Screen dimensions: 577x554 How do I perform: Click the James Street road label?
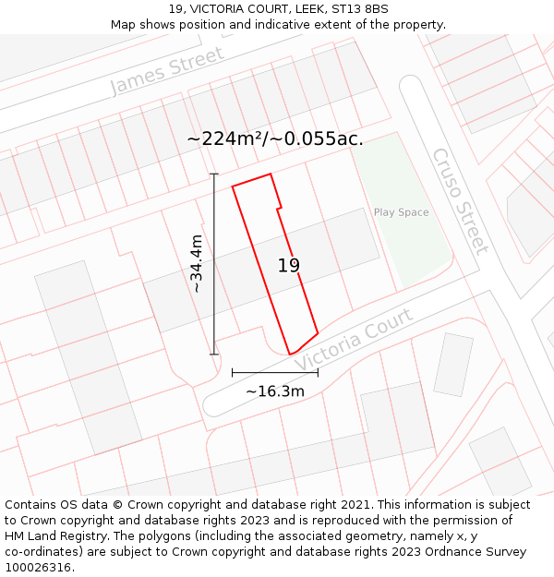click(x=167, y=71)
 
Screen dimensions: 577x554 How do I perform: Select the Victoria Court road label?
click(x=354, y=341)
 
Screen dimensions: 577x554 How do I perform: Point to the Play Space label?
click(x=401, y=212)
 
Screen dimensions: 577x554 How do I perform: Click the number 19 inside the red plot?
click(x=289, y=266)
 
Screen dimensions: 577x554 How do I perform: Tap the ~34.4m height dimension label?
click(x=197, y=264)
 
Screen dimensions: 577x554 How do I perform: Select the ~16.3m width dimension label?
click(x=275, y=391)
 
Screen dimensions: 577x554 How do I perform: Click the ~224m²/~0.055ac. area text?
click(x=275, y=138)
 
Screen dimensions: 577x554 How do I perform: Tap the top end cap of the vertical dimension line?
click(x=214, y=174)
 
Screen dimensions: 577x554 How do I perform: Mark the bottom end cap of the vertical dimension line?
click(x=214, y=355)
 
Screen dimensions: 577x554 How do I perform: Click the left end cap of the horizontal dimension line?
click(x=233, y=373)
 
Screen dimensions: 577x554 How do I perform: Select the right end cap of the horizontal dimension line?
click(x=318, y=373)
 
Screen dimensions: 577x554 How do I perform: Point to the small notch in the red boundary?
click(x=279, y=207)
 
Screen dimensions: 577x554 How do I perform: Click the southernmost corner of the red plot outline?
click(x=290, y=355)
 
